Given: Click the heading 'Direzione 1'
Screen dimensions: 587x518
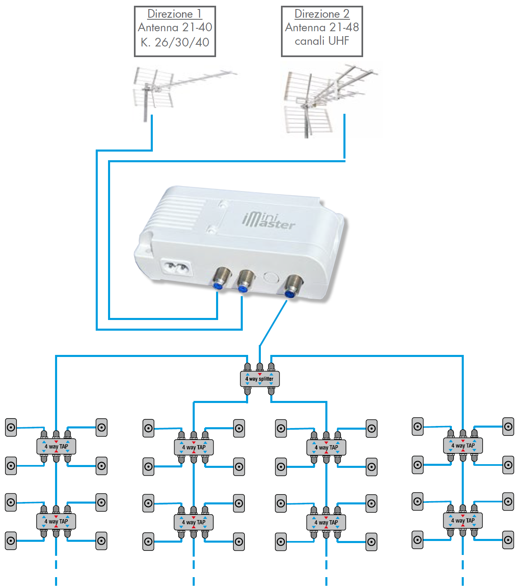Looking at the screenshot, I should click(x=175, y=14).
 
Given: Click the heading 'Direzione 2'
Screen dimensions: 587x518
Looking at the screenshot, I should click(x=322, y=14).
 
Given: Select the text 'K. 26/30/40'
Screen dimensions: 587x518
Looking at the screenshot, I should click(x=175, y=42).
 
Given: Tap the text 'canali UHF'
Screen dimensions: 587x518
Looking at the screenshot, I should click(x=322, y=41).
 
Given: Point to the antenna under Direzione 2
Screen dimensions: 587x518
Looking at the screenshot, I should click(x=325, y=99).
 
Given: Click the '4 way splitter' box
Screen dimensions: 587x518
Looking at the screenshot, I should click(x=260, y=379).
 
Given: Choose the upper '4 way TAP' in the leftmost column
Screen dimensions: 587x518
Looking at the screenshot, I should click(x=56, y=447).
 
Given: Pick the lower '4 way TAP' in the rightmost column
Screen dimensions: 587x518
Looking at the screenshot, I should click(x=463, y=520).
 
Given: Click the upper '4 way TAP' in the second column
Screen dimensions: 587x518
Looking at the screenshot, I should click(x=194, y=447).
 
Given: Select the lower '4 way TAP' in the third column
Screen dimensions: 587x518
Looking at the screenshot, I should click(x=326, y=523).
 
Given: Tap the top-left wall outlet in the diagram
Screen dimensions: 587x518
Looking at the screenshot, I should click(x=11, y=428).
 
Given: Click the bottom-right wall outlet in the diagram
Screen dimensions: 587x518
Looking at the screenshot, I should click(x=508, y=540).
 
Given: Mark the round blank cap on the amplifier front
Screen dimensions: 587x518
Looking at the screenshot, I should click(x=270, y=277).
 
